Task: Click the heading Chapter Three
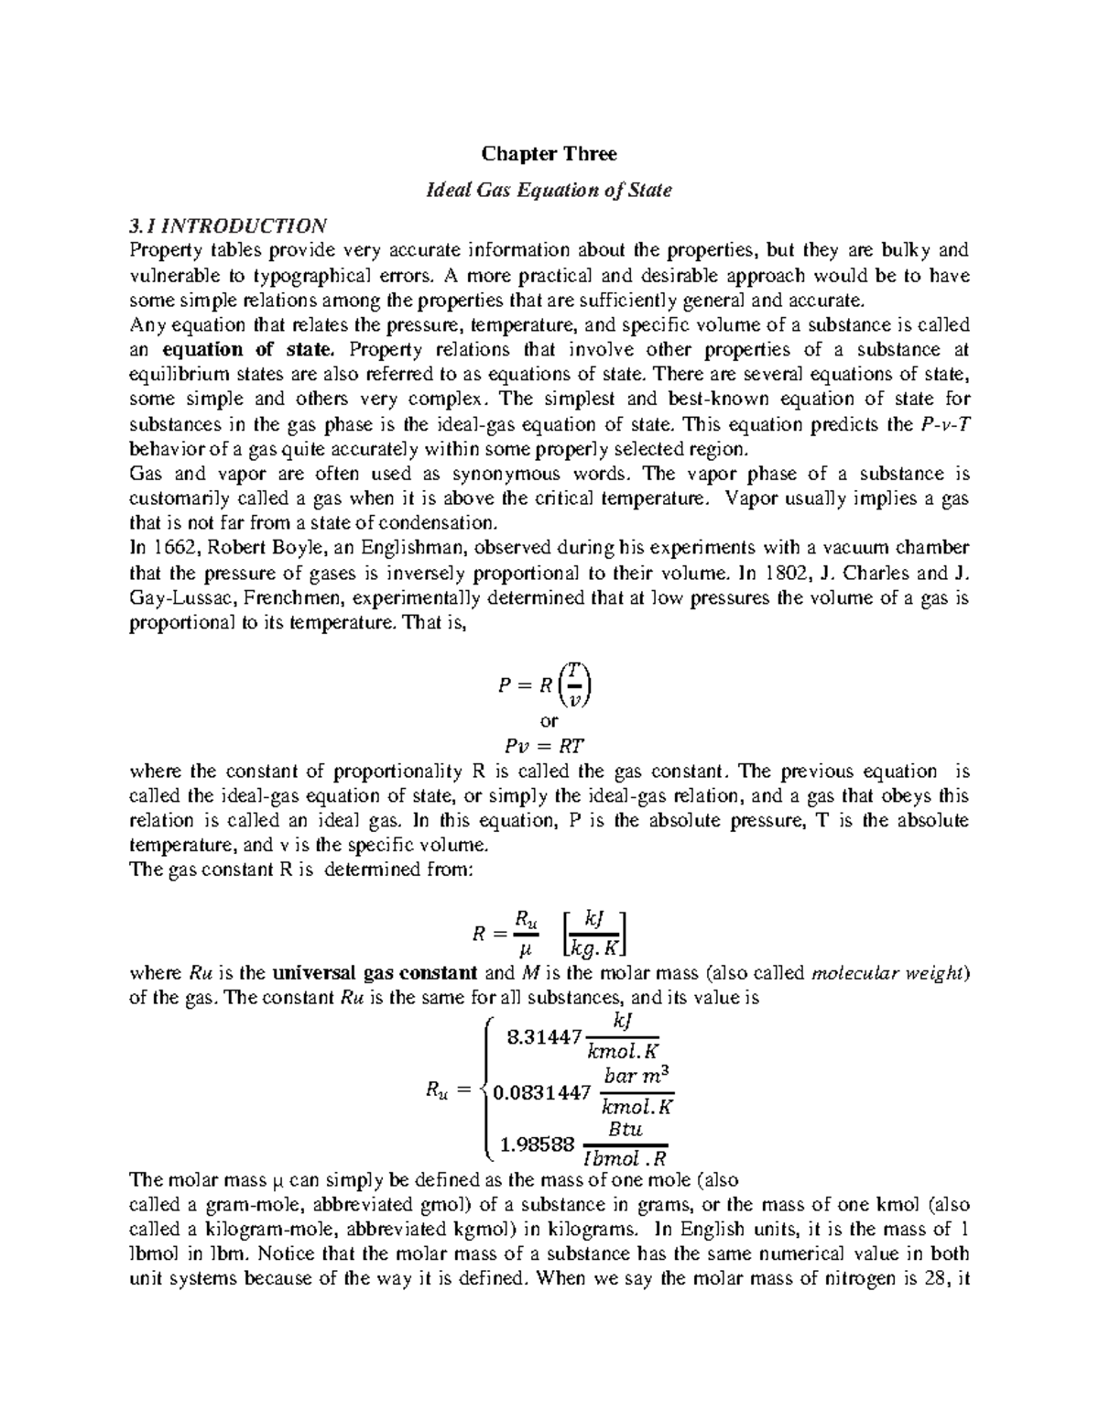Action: (549, 154)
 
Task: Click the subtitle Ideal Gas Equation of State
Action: (549, 190)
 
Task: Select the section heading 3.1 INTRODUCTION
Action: (228, 225)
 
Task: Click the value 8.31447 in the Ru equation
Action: (543, 1036)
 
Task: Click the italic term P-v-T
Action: (942, 424)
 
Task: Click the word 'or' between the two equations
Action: (549, 720)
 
